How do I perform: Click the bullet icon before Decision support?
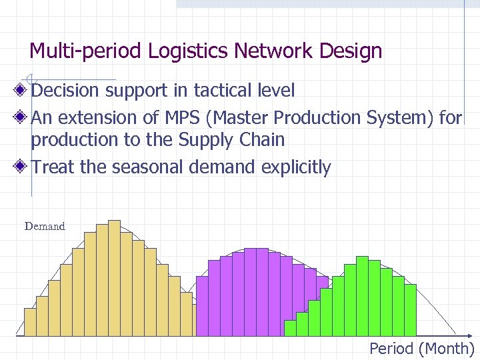(22, 90)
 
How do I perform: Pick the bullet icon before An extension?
(22, 118)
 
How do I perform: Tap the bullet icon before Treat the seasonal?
(22, 167)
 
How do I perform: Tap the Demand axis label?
(45, 226)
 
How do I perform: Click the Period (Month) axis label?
(421, 349)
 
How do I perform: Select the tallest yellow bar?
(114, 277)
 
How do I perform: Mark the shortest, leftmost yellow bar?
(30, 322)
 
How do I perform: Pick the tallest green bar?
(362, 295)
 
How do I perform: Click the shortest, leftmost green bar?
(290, 328)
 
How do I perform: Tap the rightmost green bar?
(410, 309)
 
